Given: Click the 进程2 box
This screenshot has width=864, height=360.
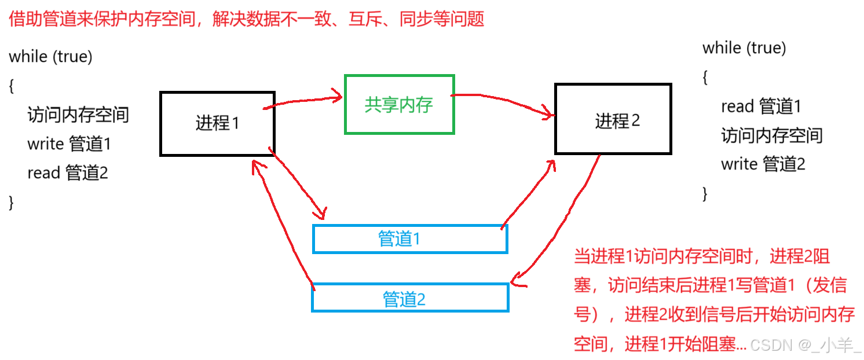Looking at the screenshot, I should point(613,119).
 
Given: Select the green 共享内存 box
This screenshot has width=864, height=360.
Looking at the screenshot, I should point(399,104).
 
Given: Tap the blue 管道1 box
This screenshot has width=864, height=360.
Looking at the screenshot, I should point(409,239).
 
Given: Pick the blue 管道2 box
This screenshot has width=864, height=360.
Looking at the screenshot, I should point(409,298).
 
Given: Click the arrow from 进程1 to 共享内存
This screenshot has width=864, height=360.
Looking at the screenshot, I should point(304,101).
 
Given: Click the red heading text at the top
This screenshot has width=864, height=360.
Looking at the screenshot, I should point(246,20).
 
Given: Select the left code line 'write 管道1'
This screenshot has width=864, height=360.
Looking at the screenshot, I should point(69,144).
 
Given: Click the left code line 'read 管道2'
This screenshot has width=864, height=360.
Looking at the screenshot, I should point(68,172).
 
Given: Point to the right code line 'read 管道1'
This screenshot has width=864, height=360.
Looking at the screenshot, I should point(761,106).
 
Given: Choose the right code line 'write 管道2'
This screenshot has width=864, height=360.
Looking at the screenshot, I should point(763,164).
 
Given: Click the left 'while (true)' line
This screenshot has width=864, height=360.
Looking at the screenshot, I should point(51,57).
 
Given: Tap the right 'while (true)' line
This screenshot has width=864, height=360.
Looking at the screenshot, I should point(744,47).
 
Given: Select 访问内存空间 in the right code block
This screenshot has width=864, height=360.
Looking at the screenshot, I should point(771,135).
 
